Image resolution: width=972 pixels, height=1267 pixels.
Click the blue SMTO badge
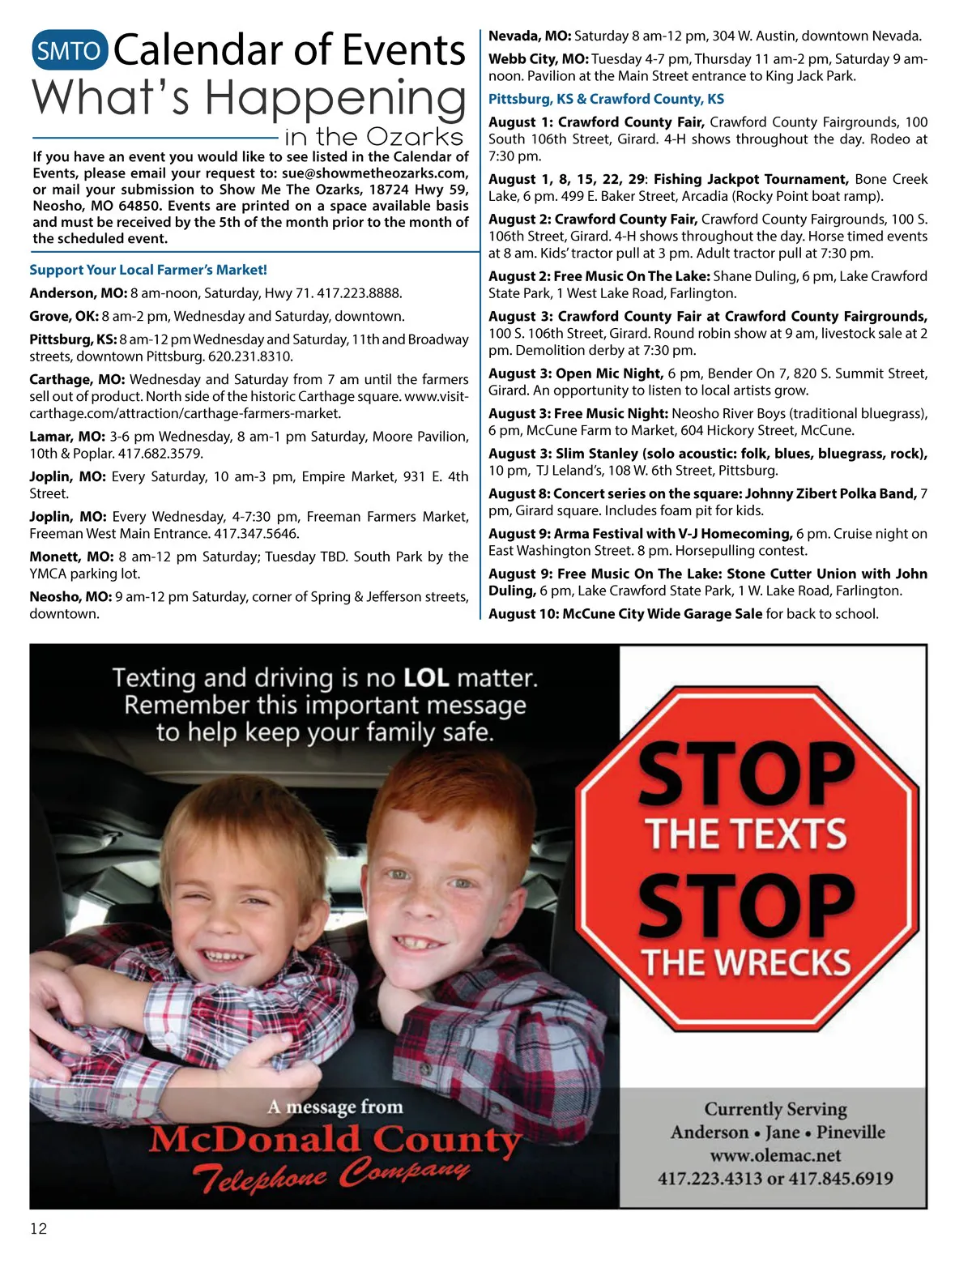pyautogui.click(x=69, y=51)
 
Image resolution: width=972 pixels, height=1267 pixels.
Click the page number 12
pyautogui.click(x=38, y=1229)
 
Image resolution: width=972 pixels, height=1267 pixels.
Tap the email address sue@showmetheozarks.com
pyautogui.click(x=374, y=173)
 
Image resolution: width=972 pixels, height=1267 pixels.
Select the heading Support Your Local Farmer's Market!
pyautogui.click(x=148, y=270)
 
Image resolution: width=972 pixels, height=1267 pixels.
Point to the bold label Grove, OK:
pyautogui.click(x=64, y=316)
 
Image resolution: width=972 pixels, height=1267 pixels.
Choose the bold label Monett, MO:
pyautogui.click(x=71, y=557)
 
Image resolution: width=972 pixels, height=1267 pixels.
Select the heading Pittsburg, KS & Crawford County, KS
pyautogui.click(x=606, y=99)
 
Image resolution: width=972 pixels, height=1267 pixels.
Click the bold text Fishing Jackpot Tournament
pyautogui.click(x=751, y=179)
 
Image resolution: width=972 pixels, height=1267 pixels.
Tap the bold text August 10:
pyautogui.click(x=523, y=614)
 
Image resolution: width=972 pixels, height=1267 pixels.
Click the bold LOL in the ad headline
pyautogui.click(x=426, y=677)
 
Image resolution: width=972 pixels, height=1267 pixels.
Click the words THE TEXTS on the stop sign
pyautogui.click(x=746, y=834)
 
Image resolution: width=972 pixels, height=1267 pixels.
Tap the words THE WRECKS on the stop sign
pyautogui.click(x=746, y=962)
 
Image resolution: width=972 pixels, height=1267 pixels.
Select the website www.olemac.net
pyautogui.click(x=775, y=1155)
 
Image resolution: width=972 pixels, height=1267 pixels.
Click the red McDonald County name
pyautogui.click(x=335, y=1141)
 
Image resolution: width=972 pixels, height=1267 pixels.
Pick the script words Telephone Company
pyautogui.click(x=331, y=1175)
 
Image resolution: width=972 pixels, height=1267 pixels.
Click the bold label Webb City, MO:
pyautogui.click(x=538, y=59)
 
